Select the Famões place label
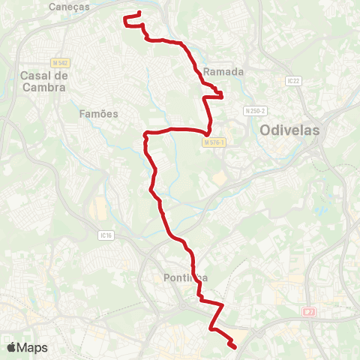(x=99, y=113)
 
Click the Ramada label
(x=224, y=72)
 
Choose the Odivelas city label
(x=289, y=130)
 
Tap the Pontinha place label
(x=184, y=279)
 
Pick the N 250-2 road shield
(x=254, y=111)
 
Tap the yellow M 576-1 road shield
(x=213, y=139)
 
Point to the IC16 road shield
(x=105, y=235)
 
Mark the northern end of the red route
(x=140, y=13)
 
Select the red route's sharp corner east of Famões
(x=145, y=135)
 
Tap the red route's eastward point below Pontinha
(x=223, y=305)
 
